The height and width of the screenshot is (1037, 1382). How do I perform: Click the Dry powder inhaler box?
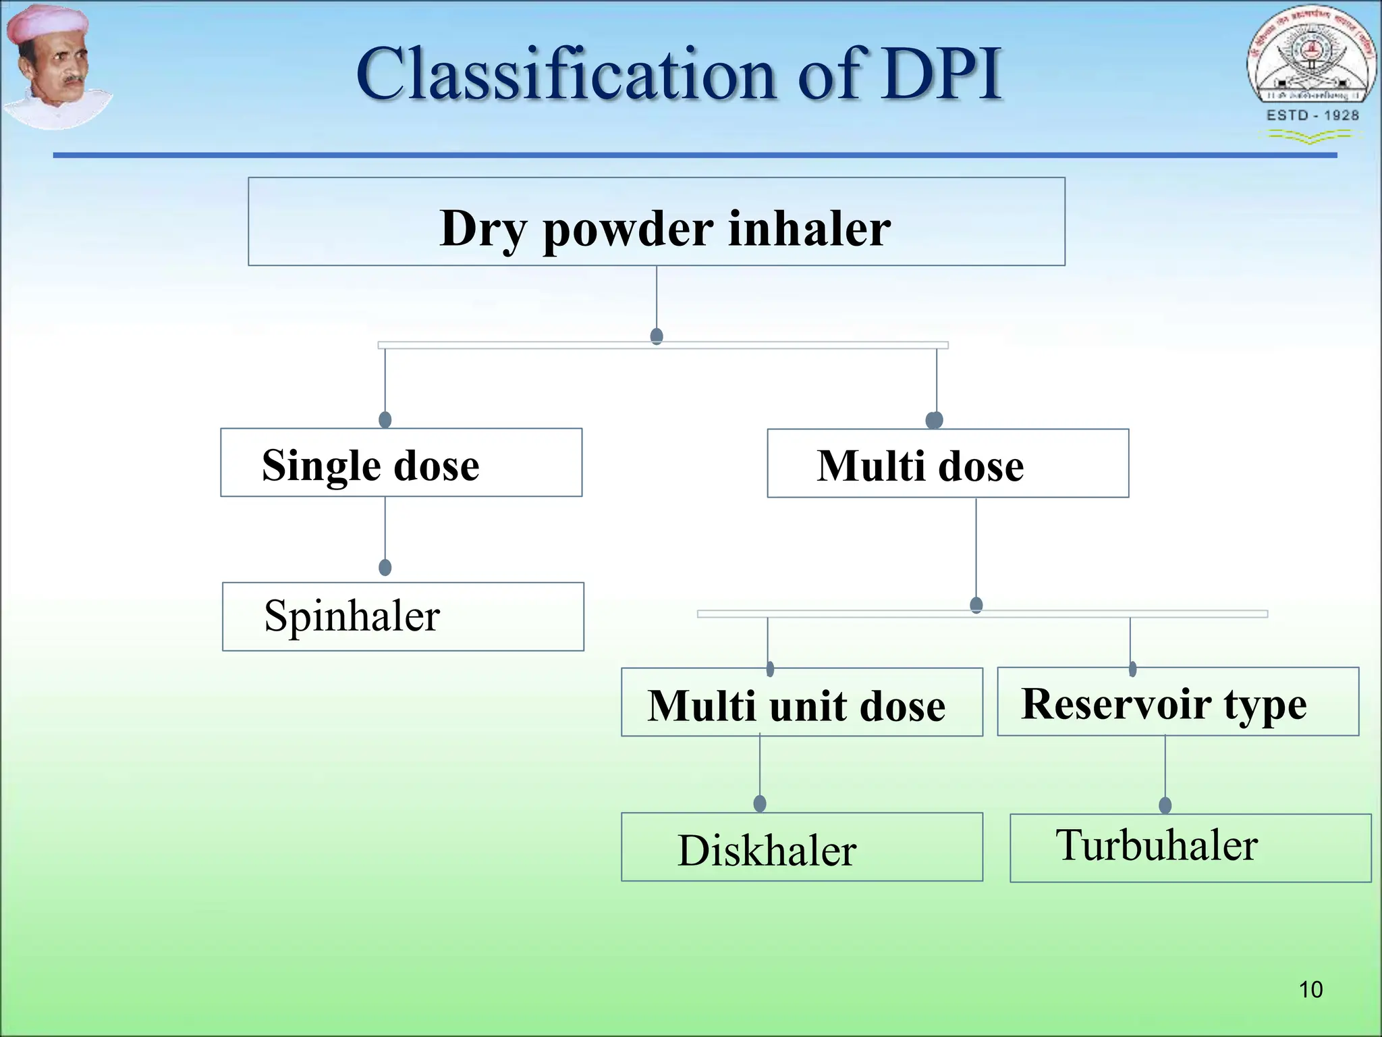[656, 221]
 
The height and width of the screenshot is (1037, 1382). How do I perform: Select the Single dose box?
[401, 463]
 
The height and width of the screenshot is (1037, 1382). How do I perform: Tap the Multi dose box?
[947, 464]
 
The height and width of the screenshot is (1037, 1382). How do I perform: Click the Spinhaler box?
[403, 616]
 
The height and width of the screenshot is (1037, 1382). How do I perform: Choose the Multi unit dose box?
[802, 702]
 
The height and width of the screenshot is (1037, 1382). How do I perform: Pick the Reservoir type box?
[1178, 701]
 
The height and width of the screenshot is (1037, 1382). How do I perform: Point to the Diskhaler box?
[802, 847]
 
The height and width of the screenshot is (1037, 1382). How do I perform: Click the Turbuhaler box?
[1190, 848]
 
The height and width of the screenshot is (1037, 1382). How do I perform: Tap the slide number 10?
[1310, 990]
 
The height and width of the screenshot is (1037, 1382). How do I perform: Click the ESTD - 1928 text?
[1312, 115]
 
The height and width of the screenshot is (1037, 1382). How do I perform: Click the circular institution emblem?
[1311, 57]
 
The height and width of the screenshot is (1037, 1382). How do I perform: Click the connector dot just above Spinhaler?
[385, 567]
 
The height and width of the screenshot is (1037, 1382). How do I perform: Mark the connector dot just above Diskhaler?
[760, 803]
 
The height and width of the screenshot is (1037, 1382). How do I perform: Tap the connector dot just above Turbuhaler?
[1165, 805]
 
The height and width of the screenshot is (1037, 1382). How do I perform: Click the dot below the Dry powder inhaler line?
[657, 336]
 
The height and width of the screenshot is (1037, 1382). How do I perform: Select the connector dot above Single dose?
[385, 420]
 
